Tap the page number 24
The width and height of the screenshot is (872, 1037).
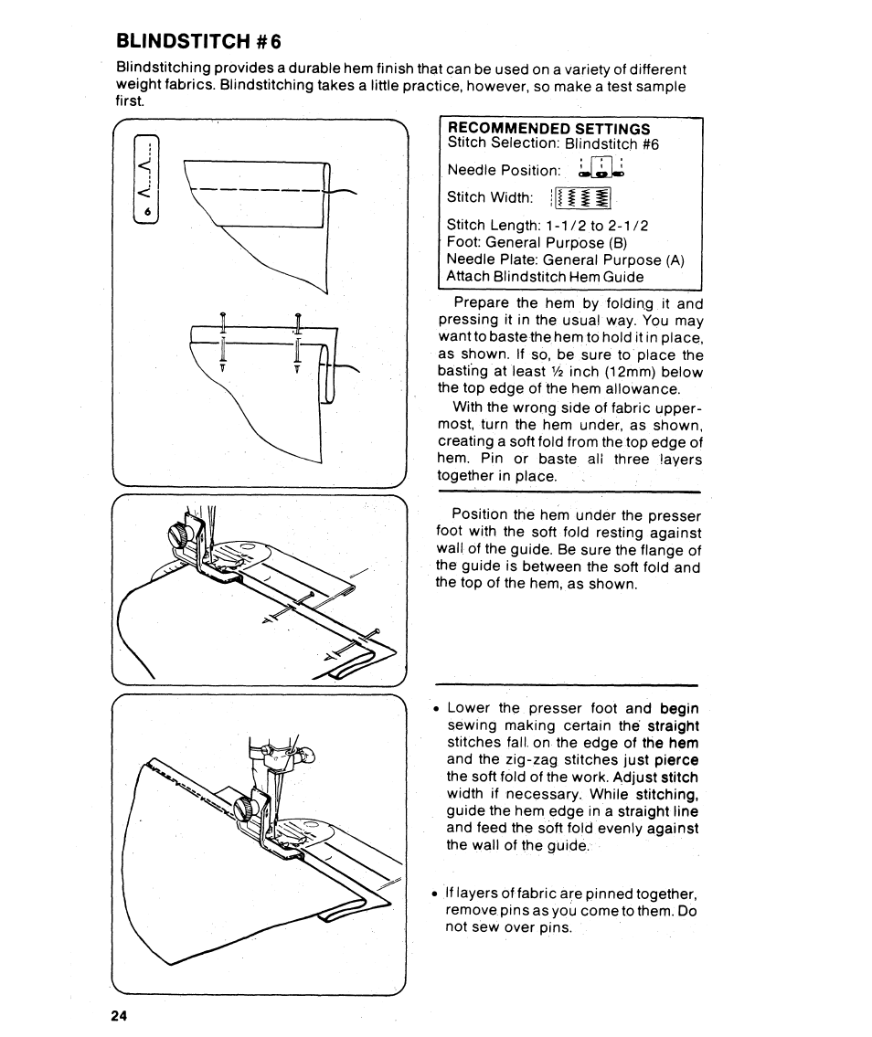pyautogui.click(x=118, y=1016)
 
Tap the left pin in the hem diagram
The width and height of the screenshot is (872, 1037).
pyautogui.click(x=223, y=340)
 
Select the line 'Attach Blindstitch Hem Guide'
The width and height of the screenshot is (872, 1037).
pyautogui.click(x=545, y=276)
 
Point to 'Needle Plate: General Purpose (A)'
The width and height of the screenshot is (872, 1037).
pyautogui.click(x=565, y=259)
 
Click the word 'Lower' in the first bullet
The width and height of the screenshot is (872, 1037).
pyautogui.click(x=468, y=708)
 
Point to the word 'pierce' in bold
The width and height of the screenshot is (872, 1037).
pyautogui.click(x=676, y=759)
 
